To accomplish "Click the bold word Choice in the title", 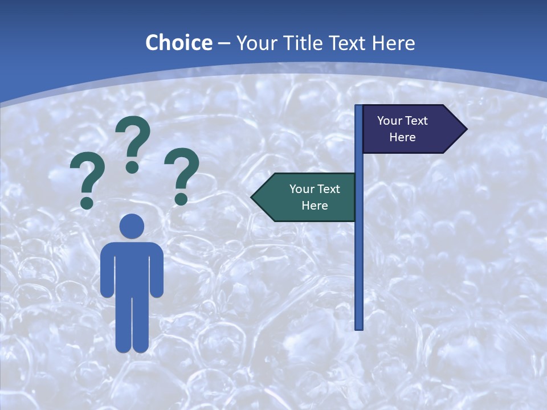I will click(178, 43).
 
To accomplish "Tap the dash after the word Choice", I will click(223, 44).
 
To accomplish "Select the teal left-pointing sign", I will click(311, 197).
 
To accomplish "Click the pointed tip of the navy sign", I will click(466, 129).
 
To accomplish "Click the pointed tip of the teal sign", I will click(253, 198).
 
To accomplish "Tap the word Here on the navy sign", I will click(402, 137).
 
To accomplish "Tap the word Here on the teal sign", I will click(315, 206).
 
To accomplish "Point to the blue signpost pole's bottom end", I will click(359, 327).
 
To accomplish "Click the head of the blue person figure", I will click(132, 226).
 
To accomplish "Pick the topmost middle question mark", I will click(133, 142).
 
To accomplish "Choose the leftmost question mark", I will click(87, 181).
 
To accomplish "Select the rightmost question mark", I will click(182, 174).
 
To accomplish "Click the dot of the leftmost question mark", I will click(87, 202).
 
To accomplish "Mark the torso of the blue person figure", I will click(132, 268).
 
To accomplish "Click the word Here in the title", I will click(393, 43).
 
